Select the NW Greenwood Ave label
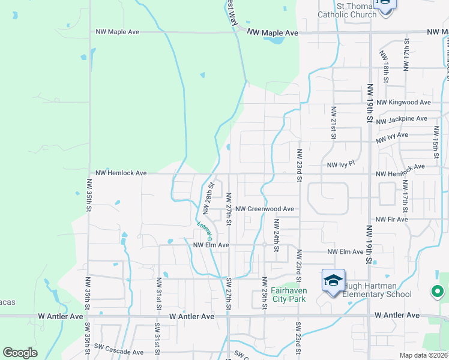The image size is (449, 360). [x=264, y=209]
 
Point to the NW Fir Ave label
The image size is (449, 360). [x=392, y=220]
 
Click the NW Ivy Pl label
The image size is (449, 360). [x=341, y=164]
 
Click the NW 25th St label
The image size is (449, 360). [x=264, y=293]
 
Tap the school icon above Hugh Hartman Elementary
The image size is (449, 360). [x=334, y=281]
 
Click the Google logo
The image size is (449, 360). [x=20, y=352]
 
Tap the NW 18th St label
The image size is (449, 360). [x=385, y=62]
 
